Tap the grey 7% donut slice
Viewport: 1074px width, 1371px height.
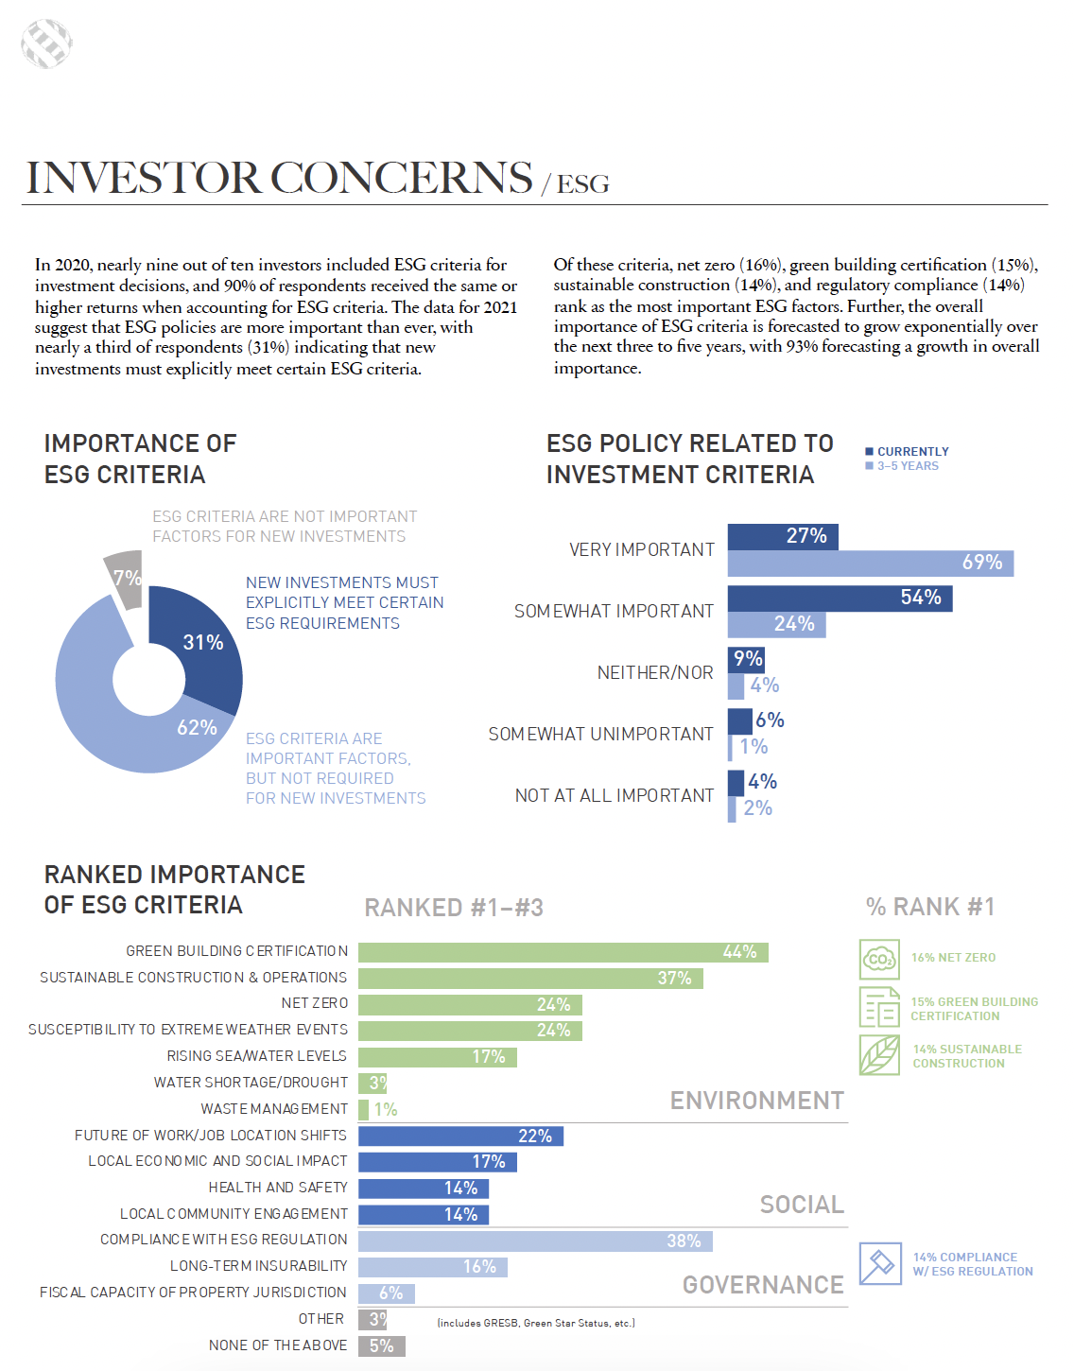[x=124, y=575]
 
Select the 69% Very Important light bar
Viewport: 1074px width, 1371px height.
[x=870, y=564]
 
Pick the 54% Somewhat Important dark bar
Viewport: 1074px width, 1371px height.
[x=840, y=598]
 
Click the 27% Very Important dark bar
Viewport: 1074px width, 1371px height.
[x=782, y=536]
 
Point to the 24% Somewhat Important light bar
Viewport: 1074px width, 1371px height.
[x=776, y=624]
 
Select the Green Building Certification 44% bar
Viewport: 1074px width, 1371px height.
[x=563, y=952]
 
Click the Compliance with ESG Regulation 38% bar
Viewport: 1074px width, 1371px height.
[x=535, y=1241]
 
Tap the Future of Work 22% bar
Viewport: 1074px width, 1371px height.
[x=460, y=1136]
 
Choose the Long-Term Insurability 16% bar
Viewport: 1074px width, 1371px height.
[x=432, y=1267]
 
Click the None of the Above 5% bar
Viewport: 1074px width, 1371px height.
[x=381, y=1345]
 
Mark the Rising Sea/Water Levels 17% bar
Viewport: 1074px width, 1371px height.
[x=437, y=1057]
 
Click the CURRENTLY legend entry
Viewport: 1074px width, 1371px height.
[x=908, y=452]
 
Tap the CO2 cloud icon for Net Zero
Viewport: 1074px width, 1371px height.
[x=879, y=959]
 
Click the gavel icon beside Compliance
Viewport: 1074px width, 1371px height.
[x=879, y=1263]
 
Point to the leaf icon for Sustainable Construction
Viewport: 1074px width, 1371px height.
[x=879, y=1054]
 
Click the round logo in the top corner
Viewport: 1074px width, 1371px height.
[x=46, y=43]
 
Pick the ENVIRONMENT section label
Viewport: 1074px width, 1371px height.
[x=756, y=1101]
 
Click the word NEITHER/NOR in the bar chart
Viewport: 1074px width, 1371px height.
[x=655, y=673]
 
